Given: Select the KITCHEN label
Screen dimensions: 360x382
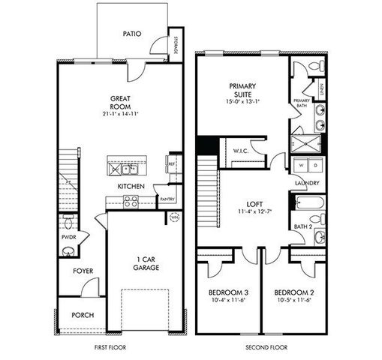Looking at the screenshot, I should click(130, 186).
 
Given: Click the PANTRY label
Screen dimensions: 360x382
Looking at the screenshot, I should click(167, 199).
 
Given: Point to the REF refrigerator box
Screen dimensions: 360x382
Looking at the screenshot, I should click(172, 163).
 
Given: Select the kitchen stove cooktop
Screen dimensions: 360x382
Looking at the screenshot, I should click(130, 201).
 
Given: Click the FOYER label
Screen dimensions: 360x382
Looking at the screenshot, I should click(83, 271).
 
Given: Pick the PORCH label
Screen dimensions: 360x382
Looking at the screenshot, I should click(82, 315).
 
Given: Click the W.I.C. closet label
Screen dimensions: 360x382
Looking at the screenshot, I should click(241, 150).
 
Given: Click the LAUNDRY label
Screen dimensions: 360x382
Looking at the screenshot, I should click(308, 182).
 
